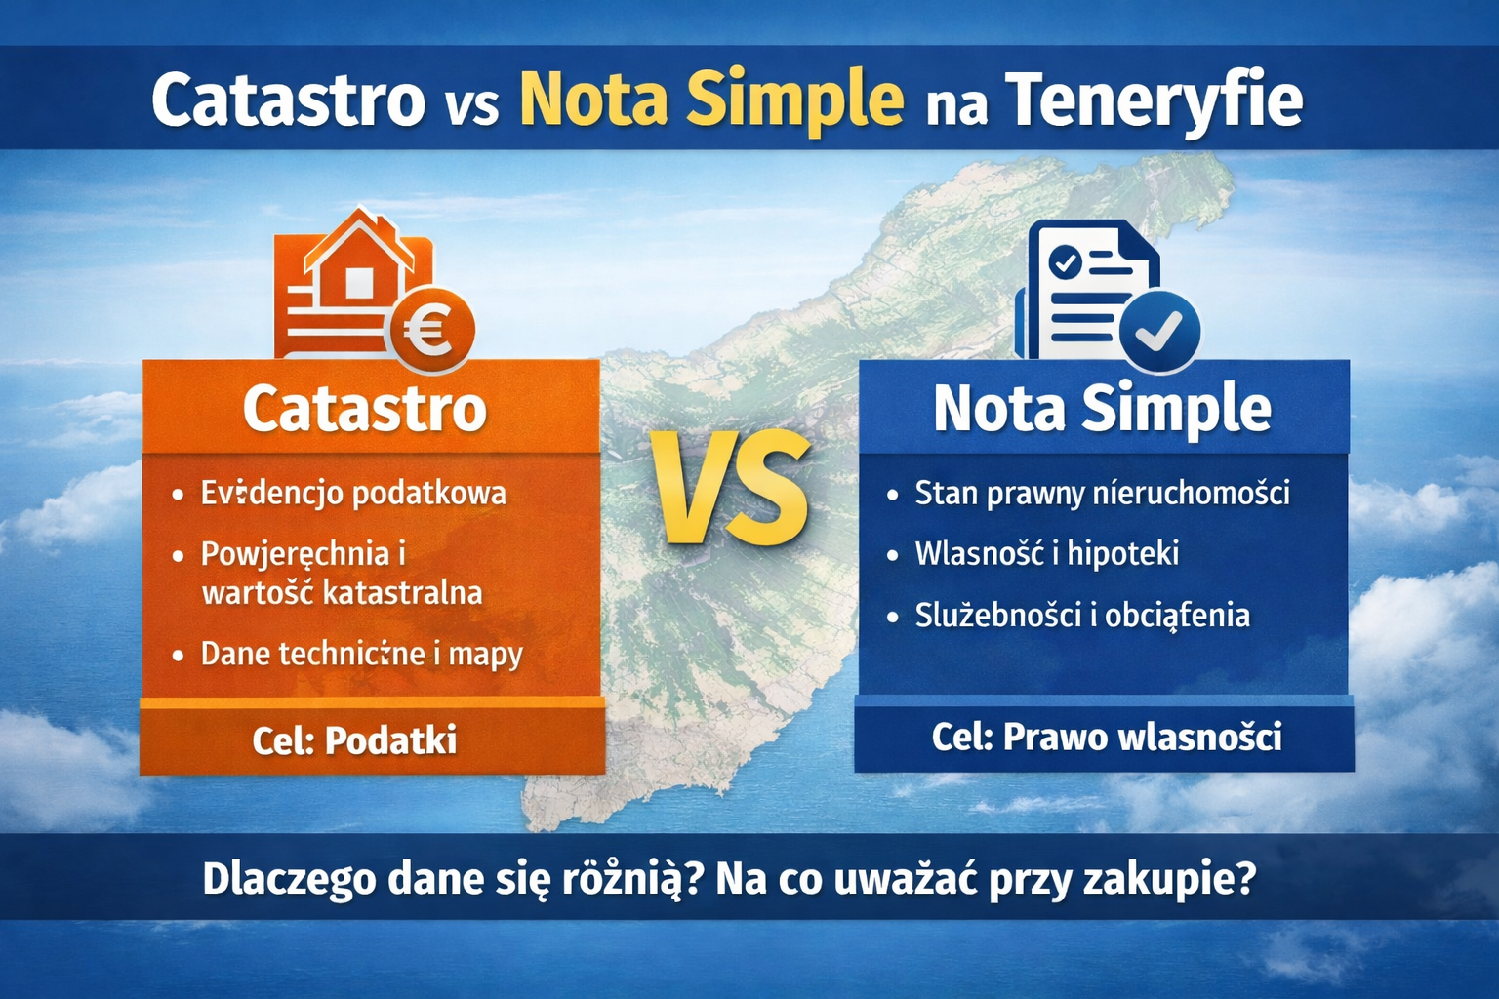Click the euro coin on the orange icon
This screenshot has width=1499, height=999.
point(431,330)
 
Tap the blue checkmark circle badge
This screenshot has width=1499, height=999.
point(1159,333)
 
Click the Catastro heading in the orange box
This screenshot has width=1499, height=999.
point(365,408)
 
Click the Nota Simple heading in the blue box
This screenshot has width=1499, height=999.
point(1102,408)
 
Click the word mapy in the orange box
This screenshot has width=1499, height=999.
point(485,654)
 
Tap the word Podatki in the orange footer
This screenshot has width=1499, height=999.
point(390,740)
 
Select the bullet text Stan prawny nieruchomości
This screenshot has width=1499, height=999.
point(1102,494)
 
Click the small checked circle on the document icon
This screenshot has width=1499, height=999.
point(1064,261)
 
